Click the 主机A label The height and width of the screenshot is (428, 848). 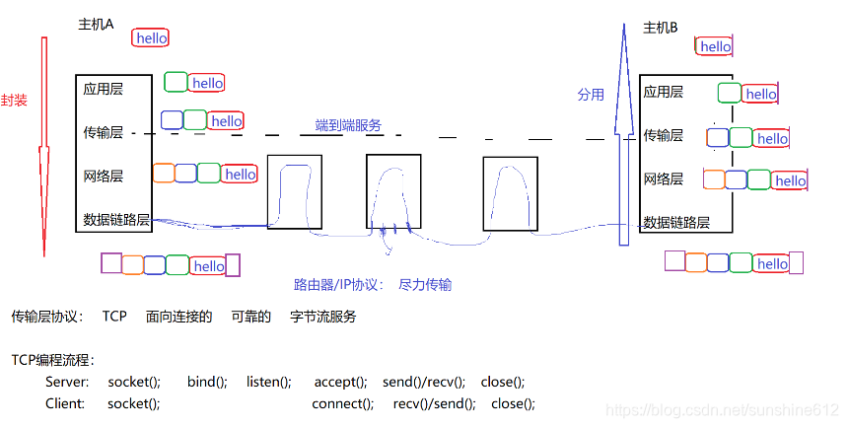(96, 25)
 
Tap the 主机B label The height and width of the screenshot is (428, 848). (660, 28)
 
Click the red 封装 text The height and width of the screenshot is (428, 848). (14, 101)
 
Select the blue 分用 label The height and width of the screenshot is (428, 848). (590, 95)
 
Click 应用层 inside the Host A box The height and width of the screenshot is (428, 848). (104, 89)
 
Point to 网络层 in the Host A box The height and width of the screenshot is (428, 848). (104, 177)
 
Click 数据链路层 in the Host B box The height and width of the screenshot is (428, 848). (676, 222)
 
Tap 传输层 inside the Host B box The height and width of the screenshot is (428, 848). (663, 135)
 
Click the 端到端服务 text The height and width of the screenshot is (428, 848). (348, 125)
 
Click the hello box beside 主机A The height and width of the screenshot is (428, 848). (151, 37)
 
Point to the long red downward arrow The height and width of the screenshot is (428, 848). (43, 148)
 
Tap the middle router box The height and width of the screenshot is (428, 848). (392, 193)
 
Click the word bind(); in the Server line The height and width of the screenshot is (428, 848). (207, 382)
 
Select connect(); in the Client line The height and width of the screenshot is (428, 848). (342, 403)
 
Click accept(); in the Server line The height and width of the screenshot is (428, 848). (340, 382)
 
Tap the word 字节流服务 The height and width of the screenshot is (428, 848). (322, 317)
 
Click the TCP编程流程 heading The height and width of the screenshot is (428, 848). (52, 360)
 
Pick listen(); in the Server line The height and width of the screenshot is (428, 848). (268, 382)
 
